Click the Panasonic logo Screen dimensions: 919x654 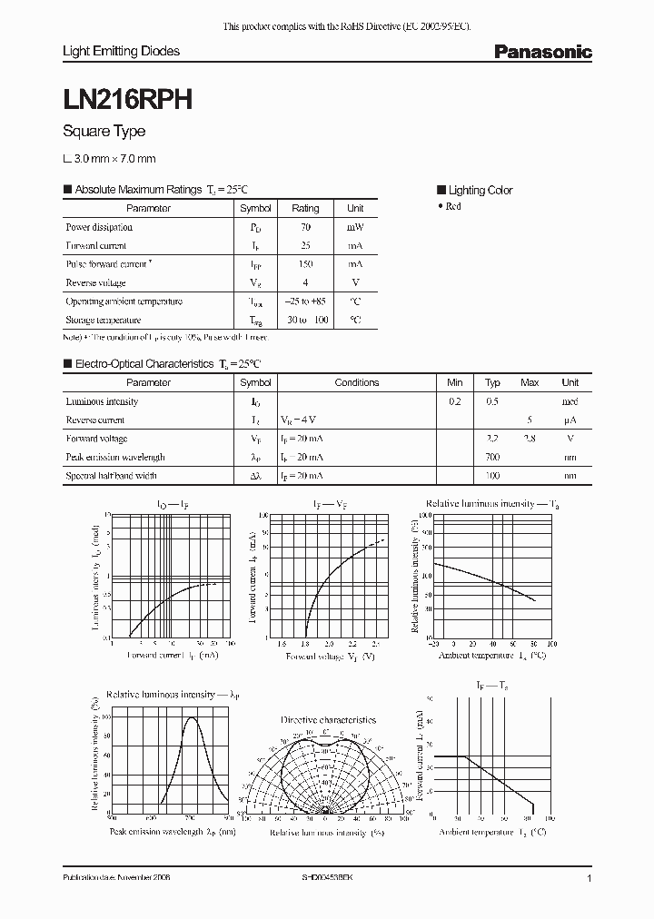542,53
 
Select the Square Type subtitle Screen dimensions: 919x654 104,132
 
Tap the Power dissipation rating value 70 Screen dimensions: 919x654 305,227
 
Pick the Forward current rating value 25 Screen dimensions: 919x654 305,245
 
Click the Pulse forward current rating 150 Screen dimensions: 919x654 305,264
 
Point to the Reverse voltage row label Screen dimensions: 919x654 95,282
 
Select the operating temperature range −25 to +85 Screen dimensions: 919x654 305,301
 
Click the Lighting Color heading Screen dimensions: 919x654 480,190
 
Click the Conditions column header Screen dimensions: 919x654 357,382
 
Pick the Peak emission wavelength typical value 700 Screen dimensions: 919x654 492,457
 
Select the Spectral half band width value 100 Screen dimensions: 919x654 492,475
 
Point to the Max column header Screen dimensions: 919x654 530,382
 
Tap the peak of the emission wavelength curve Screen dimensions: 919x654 192,717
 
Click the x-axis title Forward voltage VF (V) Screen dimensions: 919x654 330,655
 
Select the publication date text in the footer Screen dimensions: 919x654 116,879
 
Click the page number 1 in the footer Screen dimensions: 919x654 590,879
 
